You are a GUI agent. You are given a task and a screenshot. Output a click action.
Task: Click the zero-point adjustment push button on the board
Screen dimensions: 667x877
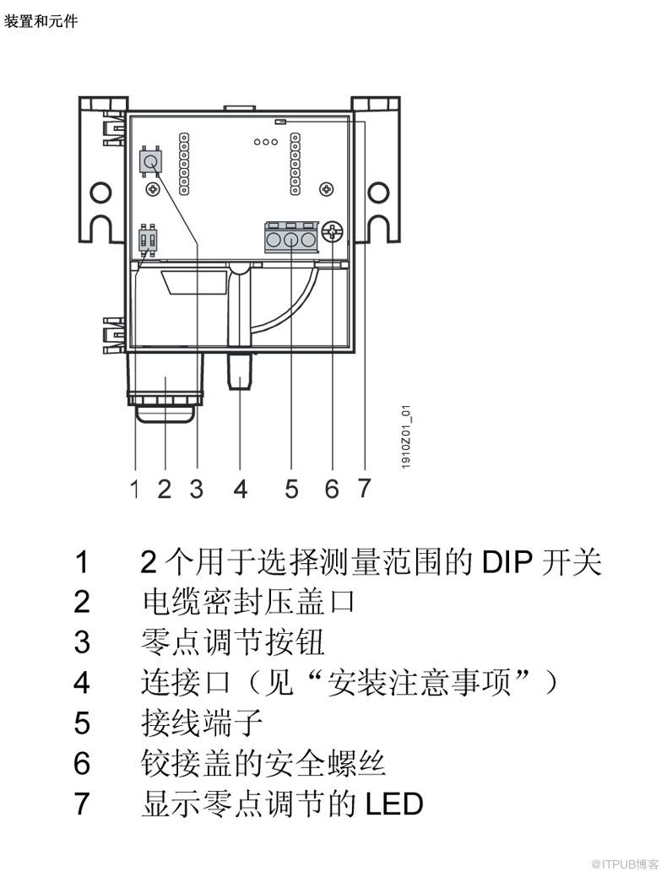tap(150, 162)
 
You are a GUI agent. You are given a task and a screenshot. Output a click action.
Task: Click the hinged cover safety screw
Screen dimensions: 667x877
tap(333, 231)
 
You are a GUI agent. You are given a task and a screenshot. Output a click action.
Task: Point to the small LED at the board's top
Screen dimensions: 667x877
tap(280, 121)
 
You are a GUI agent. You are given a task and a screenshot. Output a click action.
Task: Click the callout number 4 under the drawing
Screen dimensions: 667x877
tap(241, 488)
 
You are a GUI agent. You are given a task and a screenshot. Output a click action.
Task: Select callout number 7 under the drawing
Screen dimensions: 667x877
tap(364, 488)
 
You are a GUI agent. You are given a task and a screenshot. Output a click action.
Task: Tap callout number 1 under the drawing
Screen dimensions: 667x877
tap(134, 488)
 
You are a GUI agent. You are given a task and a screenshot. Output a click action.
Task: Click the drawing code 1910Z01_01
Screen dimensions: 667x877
tap(406, 436)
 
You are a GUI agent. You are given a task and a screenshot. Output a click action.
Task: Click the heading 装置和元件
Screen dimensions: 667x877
tap(41, 22)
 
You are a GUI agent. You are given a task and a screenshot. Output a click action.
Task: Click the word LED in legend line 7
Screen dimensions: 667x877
tap(394, 804)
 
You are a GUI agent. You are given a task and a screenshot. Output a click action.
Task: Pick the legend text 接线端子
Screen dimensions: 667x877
tap(202, 723)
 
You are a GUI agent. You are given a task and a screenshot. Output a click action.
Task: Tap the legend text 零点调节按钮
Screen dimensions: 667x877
tap(232, 642)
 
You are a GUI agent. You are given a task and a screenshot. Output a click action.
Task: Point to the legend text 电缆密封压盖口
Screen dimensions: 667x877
tap(248, 602)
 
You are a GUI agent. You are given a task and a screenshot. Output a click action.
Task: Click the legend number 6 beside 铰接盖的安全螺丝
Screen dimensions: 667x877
tap(82, 763)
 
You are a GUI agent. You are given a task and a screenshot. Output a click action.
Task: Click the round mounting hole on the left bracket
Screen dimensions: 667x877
tap(101, 192)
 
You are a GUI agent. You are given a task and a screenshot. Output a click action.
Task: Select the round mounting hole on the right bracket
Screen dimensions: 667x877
tap(378, 192)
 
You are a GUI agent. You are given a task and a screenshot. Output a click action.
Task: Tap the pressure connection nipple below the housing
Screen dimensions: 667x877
tap(240, 371)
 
